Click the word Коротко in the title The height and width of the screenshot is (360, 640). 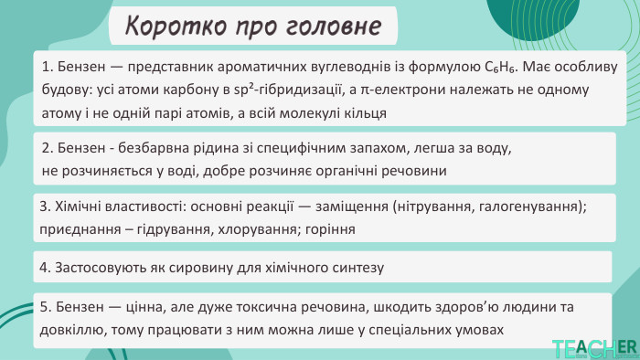coord(168,26)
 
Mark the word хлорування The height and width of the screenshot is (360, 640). coord(262,228)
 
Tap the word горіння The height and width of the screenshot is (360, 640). coord(330,228)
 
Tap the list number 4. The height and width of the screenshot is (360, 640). coord(46,268)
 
